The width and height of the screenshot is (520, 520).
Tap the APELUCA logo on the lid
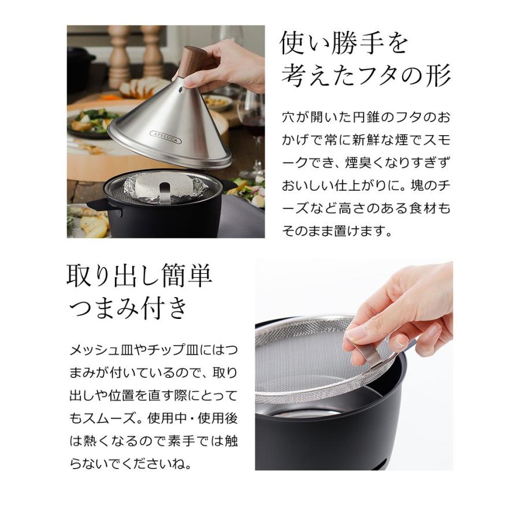(165, 137)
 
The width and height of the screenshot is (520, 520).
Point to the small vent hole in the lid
(181, 90)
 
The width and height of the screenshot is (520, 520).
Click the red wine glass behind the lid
(251, 116)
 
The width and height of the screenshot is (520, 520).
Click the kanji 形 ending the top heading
(438, 75)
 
